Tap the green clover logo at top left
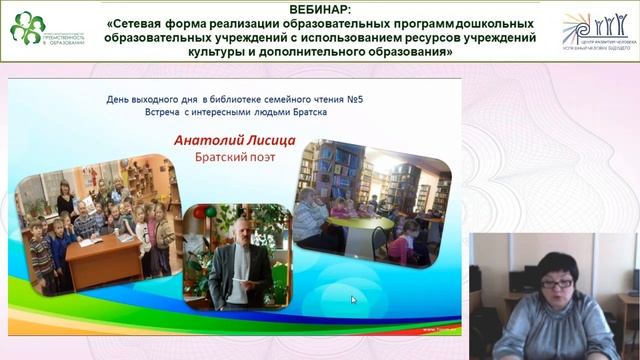(x=27, y=27)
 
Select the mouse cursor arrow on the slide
(x=353, y=299)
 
